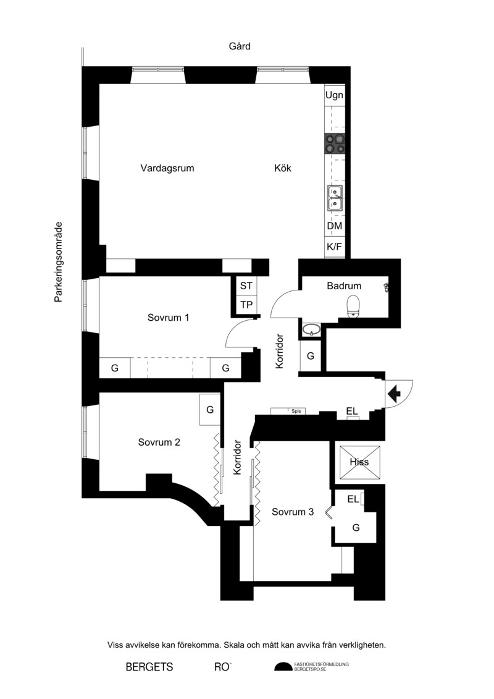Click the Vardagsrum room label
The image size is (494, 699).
pos(167,168)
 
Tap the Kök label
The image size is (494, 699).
pos(283,168)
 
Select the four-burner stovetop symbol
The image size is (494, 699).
pos(335,143)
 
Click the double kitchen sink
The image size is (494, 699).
pos(335,198)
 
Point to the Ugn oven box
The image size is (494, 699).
pos(335,95)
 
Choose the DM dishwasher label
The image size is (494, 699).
pos(335,226)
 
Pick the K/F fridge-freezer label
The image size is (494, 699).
pos(335,247)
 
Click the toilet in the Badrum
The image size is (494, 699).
pos(353,307)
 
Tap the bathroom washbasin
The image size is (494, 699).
pos(311,330)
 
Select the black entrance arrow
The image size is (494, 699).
pos(395,394)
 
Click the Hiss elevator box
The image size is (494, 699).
pos(360,462)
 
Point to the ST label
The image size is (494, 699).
pos(246,286)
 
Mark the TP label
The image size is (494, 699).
pos(246,305)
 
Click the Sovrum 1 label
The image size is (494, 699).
pos(169,318)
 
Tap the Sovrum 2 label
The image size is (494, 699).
pos(159,443)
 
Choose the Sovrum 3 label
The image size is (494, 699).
pos(293,512)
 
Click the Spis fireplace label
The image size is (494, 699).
pos(296,411)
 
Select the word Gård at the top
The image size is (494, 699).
pos(240,46)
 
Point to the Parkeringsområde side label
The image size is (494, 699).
pos(58,262)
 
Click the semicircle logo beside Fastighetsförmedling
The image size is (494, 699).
pos(283,667)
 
